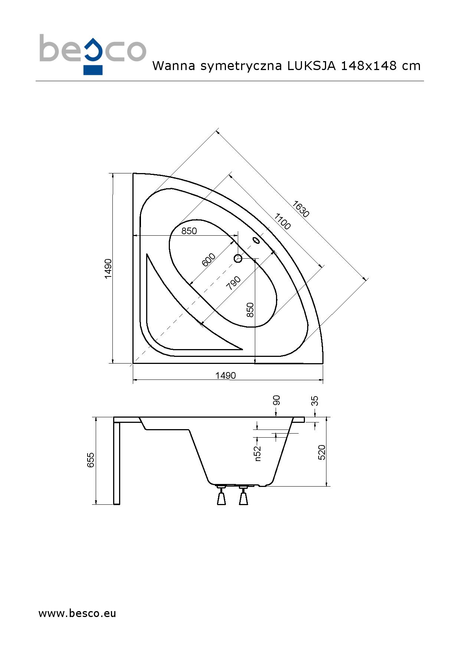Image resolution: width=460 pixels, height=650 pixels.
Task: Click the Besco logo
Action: pyautogui.click(x=93, y=54)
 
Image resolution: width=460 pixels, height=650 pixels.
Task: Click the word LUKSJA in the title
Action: pyautogui.click(x=311, y=66)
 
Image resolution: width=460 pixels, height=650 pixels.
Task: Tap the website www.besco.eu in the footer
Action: pyautogui.click(x=77, y=613)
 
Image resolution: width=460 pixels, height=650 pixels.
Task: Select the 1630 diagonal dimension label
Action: pyautogui.click(x=300, y=209)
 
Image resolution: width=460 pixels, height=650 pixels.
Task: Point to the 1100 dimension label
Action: pyautogui.click(x=282, y=222)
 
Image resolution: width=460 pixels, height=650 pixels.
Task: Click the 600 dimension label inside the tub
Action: pyautogui.click(x=208, y=260)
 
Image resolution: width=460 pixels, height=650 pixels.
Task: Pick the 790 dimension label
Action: pyautogui.click(x=233, y=283)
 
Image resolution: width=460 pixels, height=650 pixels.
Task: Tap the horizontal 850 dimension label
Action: pyautogui.click(x=189, y=231)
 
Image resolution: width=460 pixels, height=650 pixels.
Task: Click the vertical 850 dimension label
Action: pyautogui.click(x=250, y=310)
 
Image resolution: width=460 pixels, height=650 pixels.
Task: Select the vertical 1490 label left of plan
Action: pyautogui.click(x=108, y=269)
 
